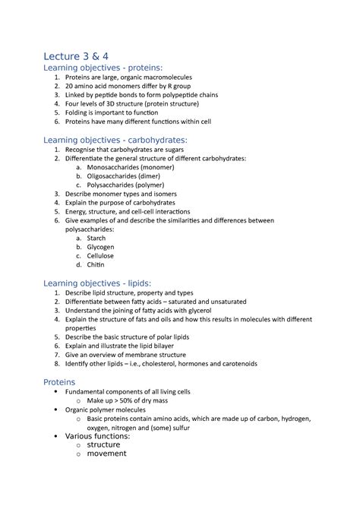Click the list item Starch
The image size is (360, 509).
[96, 238]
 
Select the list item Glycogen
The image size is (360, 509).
[100, 247]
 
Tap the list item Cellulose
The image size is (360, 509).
[100, 256]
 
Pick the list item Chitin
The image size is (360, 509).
[96, 265]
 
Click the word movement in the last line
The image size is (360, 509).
[106, 454]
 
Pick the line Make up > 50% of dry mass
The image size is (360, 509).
[137, 400]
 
